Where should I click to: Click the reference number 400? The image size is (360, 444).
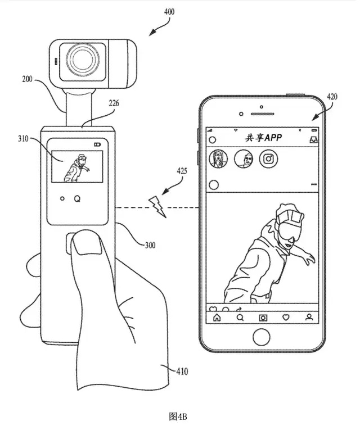click(169, 12)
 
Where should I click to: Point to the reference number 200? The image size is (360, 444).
click(27, 79)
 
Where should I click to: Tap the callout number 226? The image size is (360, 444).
click(114, 103)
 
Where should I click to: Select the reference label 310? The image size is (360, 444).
click(24, 139)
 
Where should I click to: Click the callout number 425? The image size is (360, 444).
click(182, 171)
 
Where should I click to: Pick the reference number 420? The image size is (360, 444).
click(332, 97)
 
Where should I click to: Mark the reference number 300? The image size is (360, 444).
click(150, 245)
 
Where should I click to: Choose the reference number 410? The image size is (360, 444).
click(182, 371)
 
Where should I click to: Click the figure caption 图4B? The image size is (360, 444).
click(178, 416)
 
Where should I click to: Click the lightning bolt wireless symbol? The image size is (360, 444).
click(157, 206)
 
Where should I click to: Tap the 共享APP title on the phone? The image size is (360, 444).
click(263, 138)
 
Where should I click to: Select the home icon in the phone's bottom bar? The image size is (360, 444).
click(217, 318)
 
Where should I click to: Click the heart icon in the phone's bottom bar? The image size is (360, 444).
click(286, 318)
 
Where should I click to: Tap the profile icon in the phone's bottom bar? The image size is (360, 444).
click(309, 317)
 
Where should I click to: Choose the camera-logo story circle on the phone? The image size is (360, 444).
click(268, 158)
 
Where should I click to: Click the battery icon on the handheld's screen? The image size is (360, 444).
click(97, 144)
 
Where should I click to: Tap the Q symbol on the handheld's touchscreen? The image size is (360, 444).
click(77, 199)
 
